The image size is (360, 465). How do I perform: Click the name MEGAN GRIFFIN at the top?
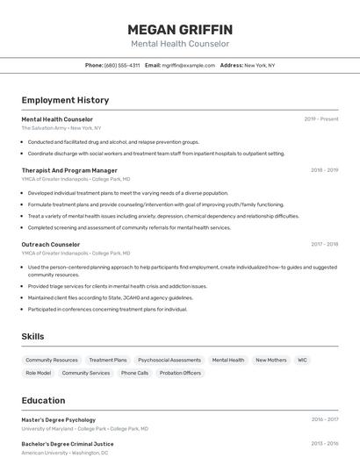point(180,29)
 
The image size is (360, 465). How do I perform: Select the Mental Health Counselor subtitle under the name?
point(180,44)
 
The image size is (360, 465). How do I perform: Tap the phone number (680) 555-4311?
point(122,65)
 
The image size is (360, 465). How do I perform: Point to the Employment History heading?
point(65,100)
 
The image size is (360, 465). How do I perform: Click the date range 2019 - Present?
point(321,119)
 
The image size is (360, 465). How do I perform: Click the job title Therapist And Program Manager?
point(69,170)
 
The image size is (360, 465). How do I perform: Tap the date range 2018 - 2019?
point(324,170)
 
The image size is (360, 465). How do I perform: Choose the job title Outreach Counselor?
point(51,245)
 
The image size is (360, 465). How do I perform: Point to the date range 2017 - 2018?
point(324,245)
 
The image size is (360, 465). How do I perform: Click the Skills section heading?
point(33,336)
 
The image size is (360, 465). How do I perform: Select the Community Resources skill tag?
point(52,360)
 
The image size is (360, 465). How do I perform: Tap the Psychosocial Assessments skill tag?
point(169,360)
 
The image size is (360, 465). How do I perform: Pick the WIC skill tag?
point(302,360)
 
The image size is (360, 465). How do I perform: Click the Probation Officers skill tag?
point(180,373)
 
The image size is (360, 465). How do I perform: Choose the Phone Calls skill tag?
point(134,373)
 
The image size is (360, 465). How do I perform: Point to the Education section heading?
point(44,400)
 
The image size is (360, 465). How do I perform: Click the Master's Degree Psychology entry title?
point(59,420)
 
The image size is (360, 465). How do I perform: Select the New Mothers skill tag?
point(270,360)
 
